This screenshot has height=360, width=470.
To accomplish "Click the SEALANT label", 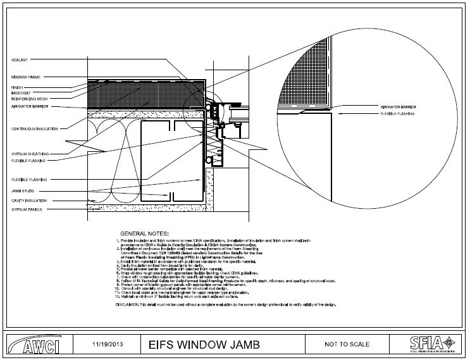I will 18,59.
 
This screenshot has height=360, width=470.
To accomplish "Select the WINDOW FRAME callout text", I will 25,77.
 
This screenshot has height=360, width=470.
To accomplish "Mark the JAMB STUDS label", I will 22,190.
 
